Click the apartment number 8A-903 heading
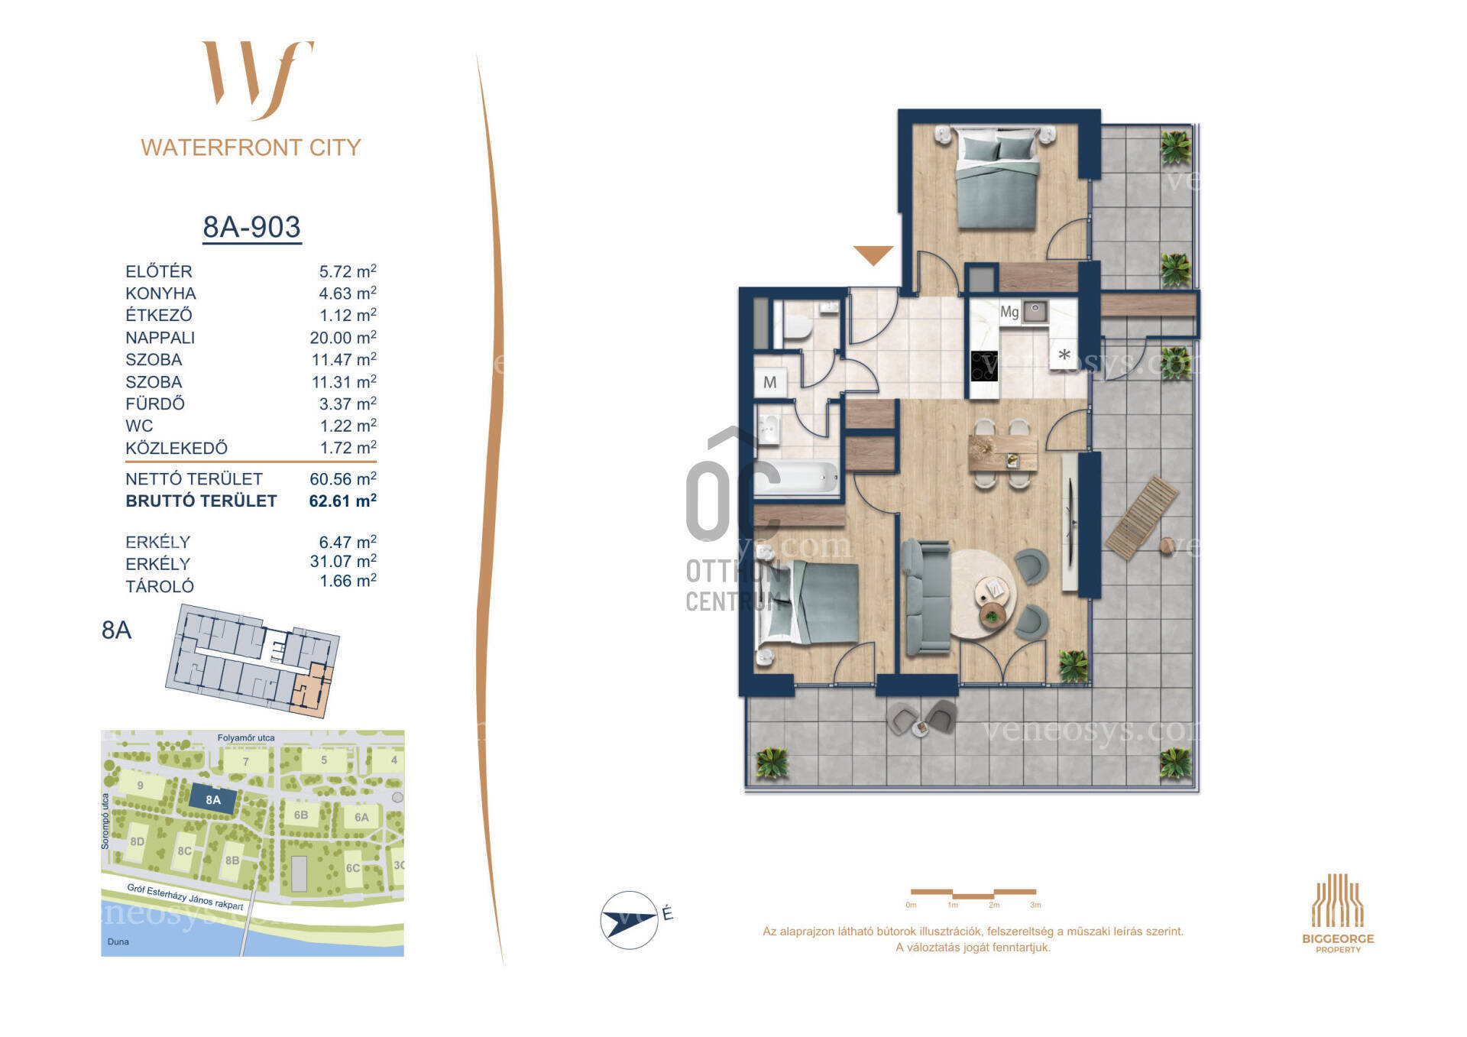tap(251, 227)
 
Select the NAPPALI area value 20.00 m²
tap(343, 338)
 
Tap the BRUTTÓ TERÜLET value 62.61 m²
tap(342, 501)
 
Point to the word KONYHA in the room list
tap(160, 293)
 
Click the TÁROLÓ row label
tap(160, 587)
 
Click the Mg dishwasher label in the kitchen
tap(1009, 312)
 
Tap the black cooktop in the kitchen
tap(984, 365)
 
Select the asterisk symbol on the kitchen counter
tap(1064, 355)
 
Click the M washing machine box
tap(770, 382)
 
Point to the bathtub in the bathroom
tap(798, 478)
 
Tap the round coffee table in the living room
tap(984, 590)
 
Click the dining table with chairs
tap(1002, 453)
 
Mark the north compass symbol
tap(630, 919)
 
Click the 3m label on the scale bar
tap(1035, 906)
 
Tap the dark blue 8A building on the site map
tap(212, 800)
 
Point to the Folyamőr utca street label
tap(246, 738)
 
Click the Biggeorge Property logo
tap(1338, 913)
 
